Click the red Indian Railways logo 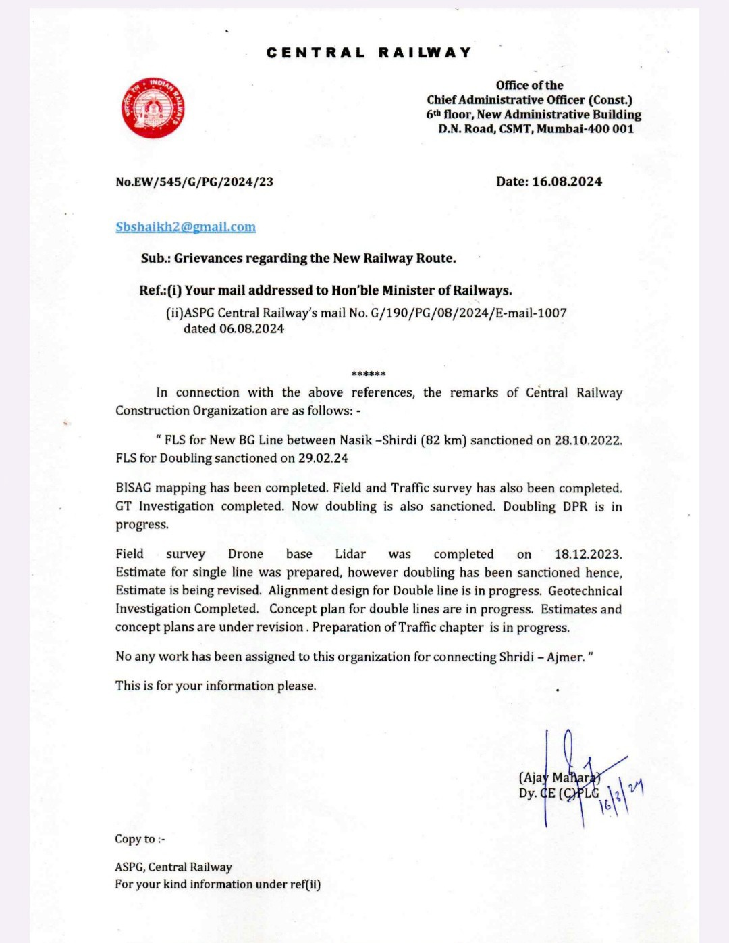153,107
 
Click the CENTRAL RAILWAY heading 369,53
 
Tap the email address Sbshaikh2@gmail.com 186,227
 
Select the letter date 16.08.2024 567,182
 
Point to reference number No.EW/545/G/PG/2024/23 194,182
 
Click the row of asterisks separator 369,374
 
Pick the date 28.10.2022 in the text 587,440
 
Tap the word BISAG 134,488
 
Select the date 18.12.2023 587,554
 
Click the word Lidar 350,554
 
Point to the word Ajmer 566,657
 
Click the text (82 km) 443,440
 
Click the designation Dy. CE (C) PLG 559,793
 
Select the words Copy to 135,839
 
